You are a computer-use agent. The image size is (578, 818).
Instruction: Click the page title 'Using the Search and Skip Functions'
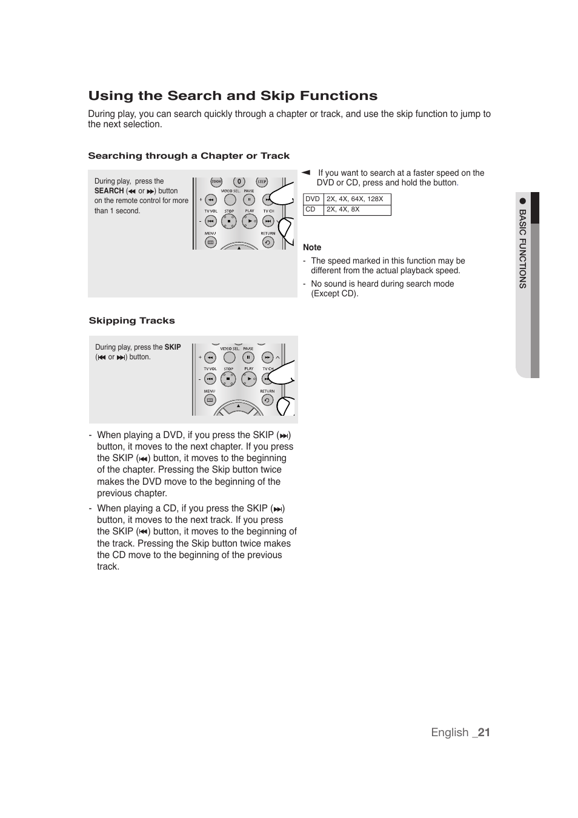click(x=233, y=96)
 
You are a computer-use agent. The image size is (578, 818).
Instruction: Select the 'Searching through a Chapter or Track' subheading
click(x=188, y=156)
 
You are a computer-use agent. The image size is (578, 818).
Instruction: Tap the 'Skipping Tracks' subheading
click(x=131, y=321)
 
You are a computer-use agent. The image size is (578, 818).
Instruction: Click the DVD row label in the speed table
click(x=313, y=199)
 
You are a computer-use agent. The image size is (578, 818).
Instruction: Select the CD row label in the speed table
click(x=310, y=209)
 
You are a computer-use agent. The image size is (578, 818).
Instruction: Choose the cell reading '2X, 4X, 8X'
click(x=343, y=209)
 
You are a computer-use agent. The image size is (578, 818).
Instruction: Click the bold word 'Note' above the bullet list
click(x=312, y=247)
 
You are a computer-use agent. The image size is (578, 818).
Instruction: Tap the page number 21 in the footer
click(x=483, y=732)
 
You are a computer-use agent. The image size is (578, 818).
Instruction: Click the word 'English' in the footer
click(x=450, y=732)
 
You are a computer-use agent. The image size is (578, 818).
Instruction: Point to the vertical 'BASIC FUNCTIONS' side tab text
click(x=522, y=248)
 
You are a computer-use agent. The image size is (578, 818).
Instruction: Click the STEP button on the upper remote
click(x=262, y=182)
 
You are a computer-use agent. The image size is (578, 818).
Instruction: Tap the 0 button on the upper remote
click(x=239, y=182)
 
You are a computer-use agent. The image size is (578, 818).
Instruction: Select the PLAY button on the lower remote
click(x=249, y=379)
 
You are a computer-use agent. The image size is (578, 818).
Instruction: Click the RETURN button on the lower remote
click(x=267, y=400)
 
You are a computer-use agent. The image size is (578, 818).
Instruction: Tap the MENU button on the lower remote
click(x=210, y=400)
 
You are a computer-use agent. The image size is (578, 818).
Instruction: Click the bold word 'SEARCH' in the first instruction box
click(x=109, y=191)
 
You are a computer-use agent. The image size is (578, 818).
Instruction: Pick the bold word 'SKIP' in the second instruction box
click(x=173, y=347)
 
